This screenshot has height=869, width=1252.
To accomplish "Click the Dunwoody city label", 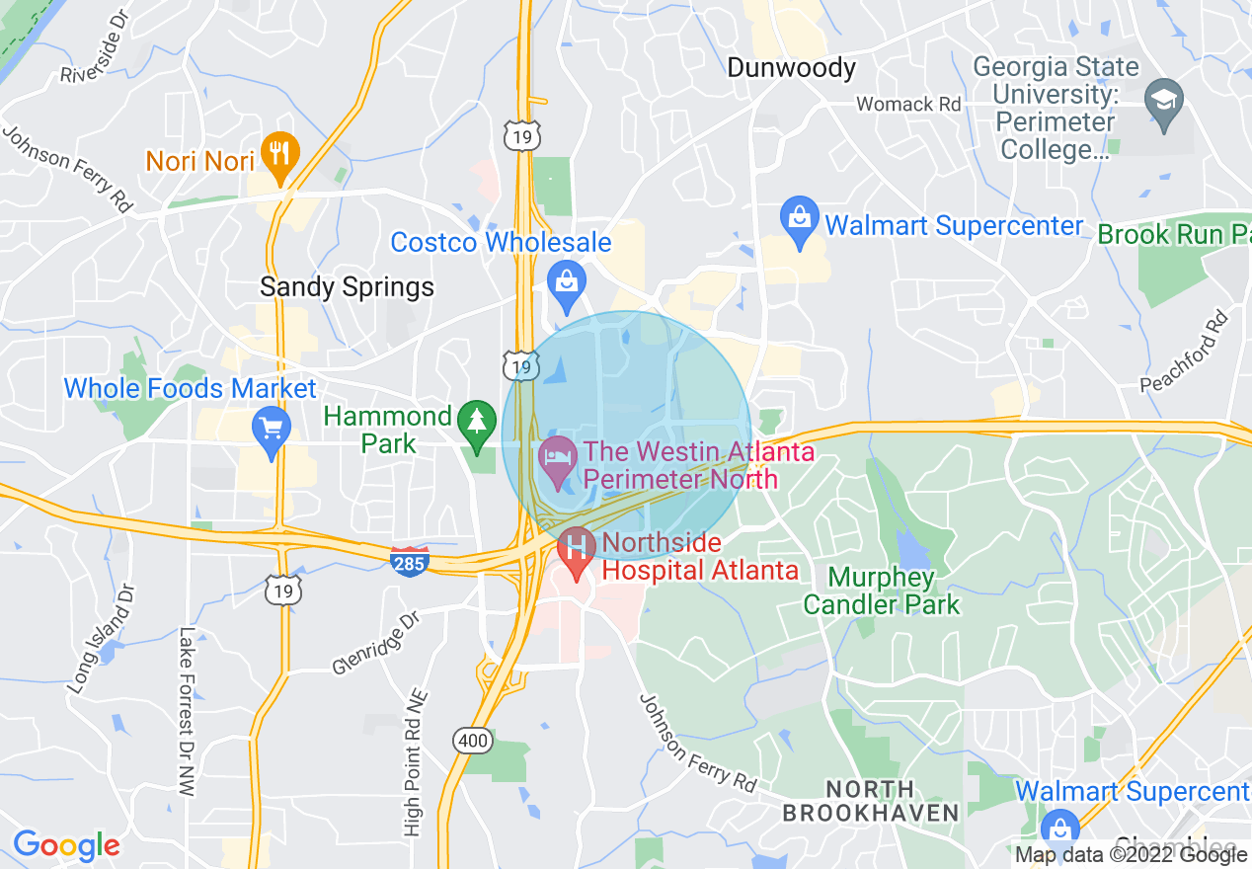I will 791,68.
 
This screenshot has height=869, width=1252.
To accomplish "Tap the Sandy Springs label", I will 347,287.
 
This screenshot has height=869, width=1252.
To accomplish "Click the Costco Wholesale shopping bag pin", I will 567,278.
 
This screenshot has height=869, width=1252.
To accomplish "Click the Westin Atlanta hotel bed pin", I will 558,458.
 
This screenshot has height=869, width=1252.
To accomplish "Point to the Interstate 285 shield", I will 409,560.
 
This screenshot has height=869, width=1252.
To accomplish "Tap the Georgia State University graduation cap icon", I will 1164,102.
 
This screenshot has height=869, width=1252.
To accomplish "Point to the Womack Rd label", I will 908,104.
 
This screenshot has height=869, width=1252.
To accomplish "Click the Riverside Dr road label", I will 96,59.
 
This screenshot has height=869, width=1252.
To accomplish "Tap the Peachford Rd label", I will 1184,350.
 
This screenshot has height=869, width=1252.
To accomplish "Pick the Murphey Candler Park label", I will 881,590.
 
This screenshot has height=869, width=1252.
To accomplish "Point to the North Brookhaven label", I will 870,801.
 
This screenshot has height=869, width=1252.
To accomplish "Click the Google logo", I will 65,845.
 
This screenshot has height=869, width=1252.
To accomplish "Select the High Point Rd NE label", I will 414,760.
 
